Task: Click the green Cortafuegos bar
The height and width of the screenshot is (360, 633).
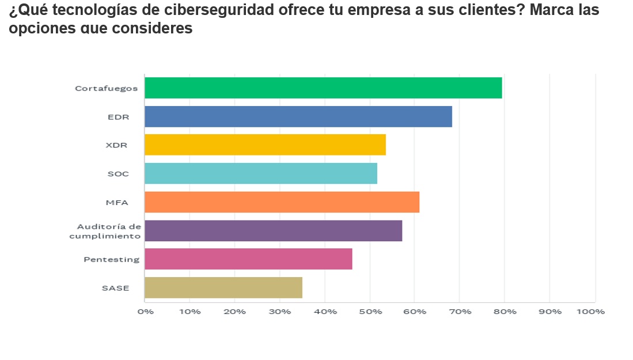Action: pyautogui.click(x=323, y=88)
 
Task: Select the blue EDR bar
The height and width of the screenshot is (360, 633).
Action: pyautogui.click(x=298, y=116)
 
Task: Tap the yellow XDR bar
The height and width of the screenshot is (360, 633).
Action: pyautogui.click(x=265, y=145)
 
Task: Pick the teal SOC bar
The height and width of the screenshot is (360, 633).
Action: pyautogui.click(x=260, y=173)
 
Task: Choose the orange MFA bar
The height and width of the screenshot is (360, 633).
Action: pyautogui.click(x=282, y=202)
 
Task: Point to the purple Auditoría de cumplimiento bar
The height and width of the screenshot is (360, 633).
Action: pyautogui.click(x=273, y=230)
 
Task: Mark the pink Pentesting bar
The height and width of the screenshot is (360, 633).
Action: pyautogui.click(x=248, y=259)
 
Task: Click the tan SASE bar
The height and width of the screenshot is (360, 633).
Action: pyautogui.click(x=223, y=287)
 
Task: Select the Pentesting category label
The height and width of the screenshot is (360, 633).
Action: pyautogui.click(x=111, y=259)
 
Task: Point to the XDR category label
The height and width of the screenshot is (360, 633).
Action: pyautogui.click(x=117, y=145)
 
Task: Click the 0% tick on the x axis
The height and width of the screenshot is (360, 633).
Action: pyautogui.click(x=145, y=312)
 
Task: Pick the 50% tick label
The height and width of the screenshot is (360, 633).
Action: pyautogui.click(x=370, y=312)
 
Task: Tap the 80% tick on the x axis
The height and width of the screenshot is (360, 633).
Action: pyautogui.click(x=505, y=312)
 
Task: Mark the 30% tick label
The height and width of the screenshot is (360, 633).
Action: pyautogui.click(x=280, y=312)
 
